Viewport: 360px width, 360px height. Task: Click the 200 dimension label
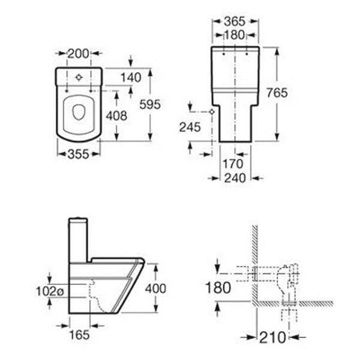78,54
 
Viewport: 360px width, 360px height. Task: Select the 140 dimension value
131,77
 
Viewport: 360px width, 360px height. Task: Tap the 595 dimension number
150,104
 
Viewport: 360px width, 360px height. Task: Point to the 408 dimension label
116,116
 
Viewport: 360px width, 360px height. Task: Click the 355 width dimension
78,154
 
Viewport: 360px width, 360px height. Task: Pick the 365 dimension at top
235,22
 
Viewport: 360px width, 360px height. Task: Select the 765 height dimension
277,93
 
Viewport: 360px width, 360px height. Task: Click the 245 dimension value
190,127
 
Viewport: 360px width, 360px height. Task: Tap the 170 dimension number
233,164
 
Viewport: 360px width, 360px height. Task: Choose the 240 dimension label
235,178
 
